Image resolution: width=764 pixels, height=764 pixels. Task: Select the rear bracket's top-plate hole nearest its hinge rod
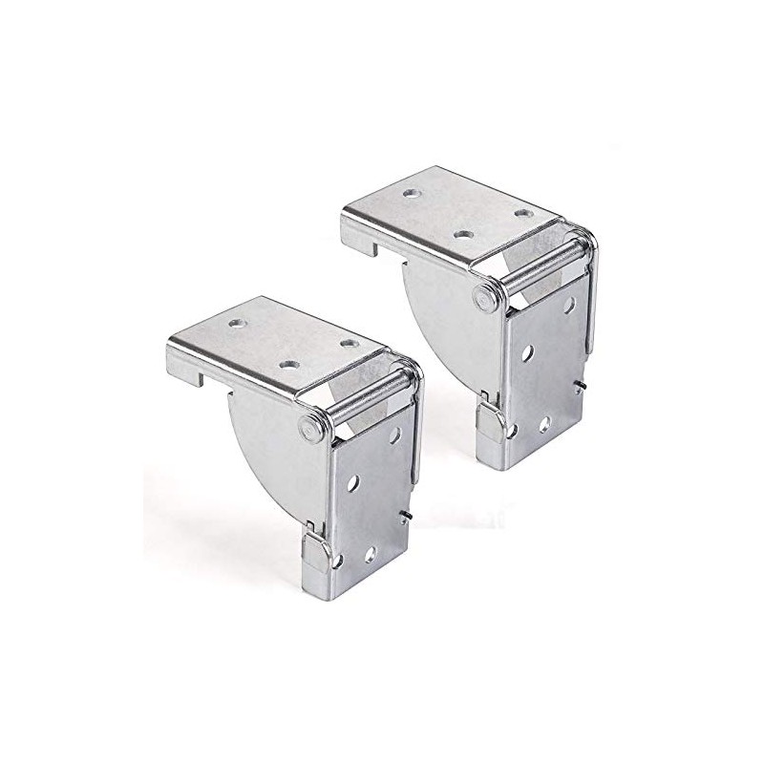tap(522, 212)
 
